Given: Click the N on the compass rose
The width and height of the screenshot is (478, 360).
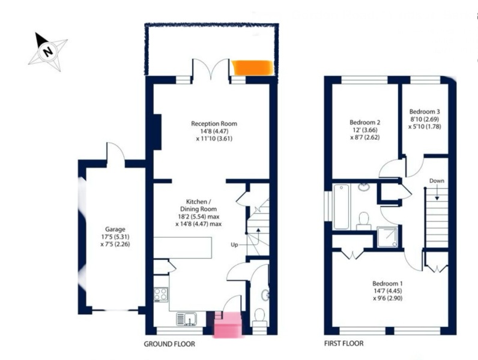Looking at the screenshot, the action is click(x=47, y=51).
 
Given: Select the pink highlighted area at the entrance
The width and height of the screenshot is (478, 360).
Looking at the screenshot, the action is click(x=228, y=325).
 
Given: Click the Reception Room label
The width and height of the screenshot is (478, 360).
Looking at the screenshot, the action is click(x=214, y=124).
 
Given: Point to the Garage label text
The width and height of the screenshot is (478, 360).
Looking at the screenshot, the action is click(x=115, y=229).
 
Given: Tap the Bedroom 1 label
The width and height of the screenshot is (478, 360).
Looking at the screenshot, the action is click(x=387, y=283).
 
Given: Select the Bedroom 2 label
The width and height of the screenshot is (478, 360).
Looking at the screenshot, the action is click(x=365, y=122).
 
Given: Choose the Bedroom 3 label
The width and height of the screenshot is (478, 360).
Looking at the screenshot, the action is click(x=425, y=112).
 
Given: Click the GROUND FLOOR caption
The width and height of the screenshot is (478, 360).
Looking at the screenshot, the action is click(x=169, y=344).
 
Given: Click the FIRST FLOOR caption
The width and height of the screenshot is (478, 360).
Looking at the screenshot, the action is click(x=344, y=344).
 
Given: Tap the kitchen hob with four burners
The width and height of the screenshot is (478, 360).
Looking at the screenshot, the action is click(x=161, y=295).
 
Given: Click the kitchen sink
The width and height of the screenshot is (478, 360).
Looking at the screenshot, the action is click(x=186, y=319).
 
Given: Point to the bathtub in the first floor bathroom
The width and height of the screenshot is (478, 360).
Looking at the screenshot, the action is click(x=341, y=206).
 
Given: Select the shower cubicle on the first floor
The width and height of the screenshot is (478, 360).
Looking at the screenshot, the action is click(x=387, y=236).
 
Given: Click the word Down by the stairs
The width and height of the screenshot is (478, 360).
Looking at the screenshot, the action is click(x=437, y=181).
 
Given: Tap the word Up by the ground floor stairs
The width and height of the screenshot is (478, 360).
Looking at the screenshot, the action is click(x=234, y=245).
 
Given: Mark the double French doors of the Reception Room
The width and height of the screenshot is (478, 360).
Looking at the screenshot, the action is click(x=211, y=69).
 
